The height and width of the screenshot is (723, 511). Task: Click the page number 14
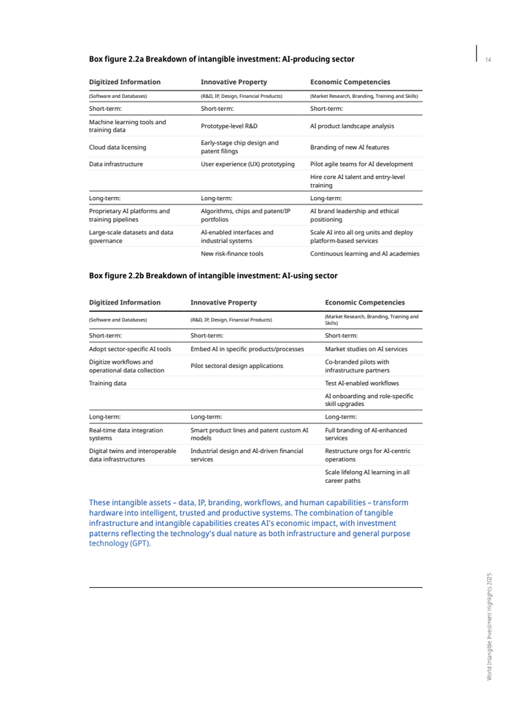click(488, 59)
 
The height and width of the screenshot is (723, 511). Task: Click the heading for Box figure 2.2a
click(221, 59)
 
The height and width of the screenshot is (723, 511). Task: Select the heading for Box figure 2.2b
click(213, 275)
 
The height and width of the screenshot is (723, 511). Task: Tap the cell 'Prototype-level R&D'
click(229, 126)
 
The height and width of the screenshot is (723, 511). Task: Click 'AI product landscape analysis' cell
click(352, 126)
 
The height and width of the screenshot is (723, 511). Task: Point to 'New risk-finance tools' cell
click(232, 253)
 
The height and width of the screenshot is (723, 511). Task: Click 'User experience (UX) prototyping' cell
click(247, 164)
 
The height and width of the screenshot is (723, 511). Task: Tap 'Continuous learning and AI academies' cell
click(365, 253)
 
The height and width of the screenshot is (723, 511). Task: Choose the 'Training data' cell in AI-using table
click(107, 383)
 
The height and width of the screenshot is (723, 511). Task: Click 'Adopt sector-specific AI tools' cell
click(130, 349)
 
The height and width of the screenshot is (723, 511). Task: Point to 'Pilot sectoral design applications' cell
click(237, 366)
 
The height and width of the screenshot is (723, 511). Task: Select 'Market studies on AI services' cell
click(366, 349)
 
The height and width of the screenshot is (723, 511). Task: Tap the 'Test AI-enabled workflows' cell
click(361, 383)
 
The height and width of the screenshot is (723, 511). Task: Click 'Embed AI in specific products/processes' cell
click(247, 349)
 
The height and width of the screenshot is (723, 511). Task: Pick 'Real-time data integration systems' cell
click(126, 435)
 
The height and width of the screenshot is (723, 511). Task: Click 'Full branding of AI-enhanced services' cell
click(366, 435)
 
